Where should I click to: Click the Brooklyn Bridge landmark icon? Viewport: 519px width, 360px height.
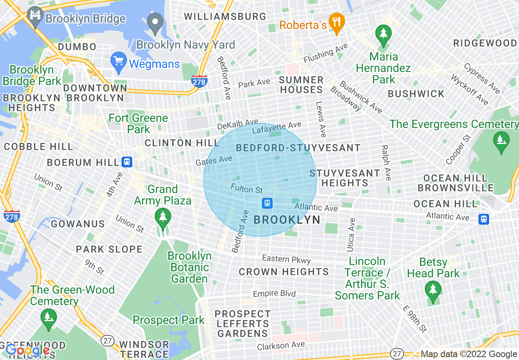[x=35, y=17]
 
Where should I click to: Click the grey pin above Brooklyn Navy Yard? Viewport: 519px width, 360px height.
[x=156, y=24]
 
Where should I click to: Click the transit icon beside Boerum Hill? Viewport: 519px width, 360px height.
[x=127, y=162]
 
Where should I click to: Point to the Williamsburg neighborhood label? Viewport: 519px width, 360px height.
[x=225, y=17]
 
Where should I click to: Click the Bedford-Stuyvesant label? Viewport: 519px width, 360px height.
[x=298, y=148]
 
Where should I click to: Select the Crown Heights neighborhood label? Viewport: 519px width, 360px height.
[x=284, y=272]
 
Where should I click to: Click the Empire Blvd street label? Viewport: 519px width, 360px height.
[x=274, y=294]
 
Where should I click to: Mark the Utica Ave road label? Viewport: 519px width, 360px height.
[x=351, y=235]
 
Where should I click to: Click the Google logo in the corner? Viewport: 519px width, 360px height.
[x=27, y=350]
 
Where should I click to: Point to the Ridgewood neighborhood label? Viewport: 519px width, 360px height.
[x=485, y=43]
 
